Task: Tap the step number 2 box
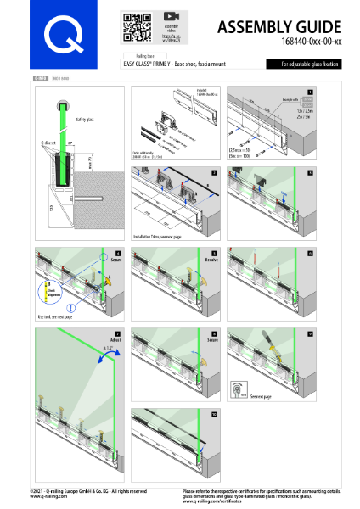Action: click(214, 173)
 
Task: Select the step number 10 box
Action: click(214, 414)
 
